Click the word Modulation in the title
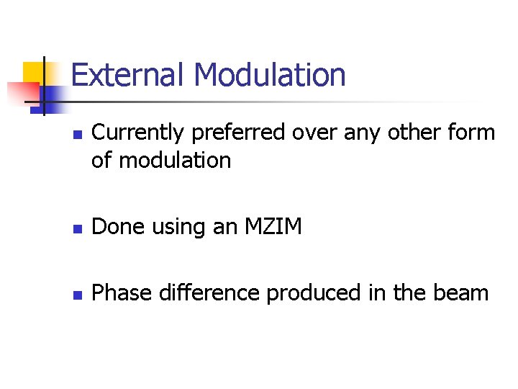click(x=270, y=75)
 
